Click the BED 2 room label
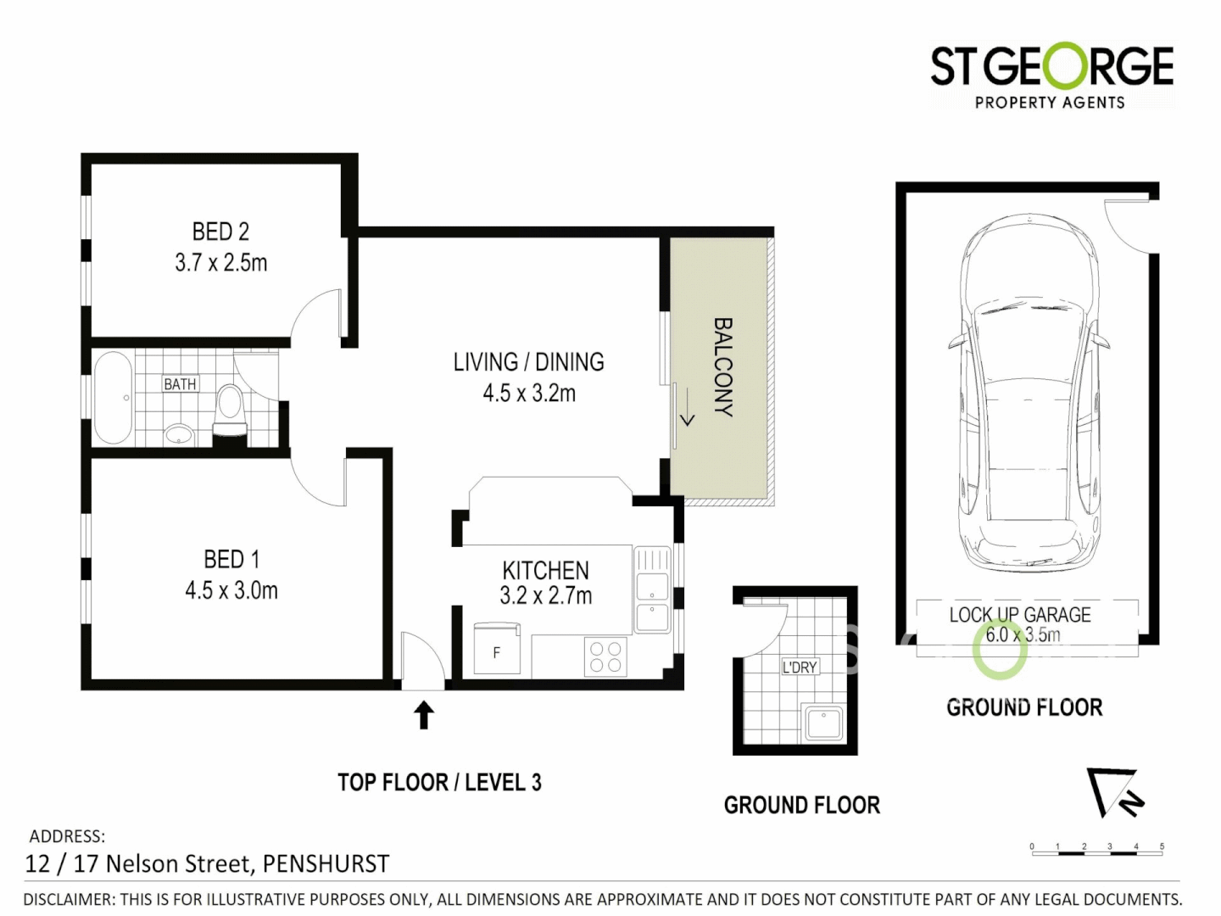[220, 232]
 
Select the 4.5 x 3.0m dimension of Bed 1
[231, 590]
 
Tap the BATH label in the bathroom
[180, 384]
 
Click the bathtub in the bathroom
[113, 399]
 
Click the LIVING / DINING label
[528, 362]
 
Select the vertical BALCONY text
[722, 366]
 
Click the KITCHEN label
[545, 570]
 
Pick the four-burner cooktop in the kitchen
[605, 656]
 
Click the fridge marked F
[496, 651]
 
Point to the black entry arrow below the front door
[424, 714]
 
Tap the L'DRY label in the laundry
[800, 667]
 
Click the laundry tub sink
[822, 723]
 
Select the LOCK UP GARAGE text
[1020, 615]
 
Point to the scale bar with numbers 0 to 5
[1096, 851]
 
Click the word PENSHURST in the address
[326, 863]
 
